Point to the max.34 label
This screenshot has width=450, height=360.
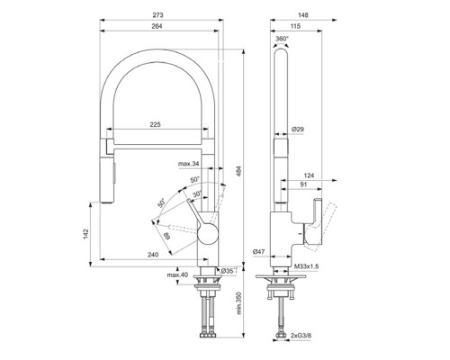(x=189, y=164)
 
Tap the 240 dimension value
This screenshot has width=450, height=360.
(x=155, y=256)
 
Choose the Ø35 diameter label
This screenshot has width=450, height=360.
(x=228, y=271)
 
